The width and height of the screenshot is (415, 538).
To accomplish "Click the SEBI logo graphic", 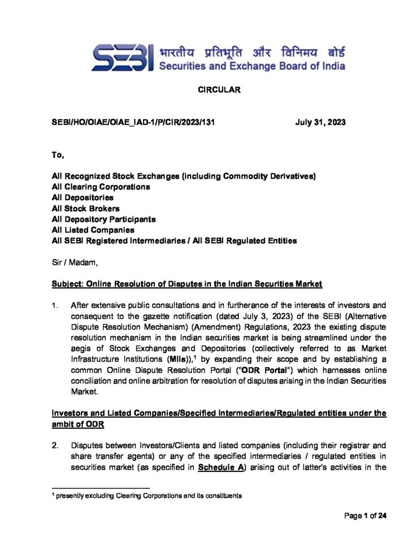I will (x=122, y=58).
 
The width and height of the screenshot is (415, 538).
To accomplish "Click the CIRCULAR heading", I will (x=219, y=90).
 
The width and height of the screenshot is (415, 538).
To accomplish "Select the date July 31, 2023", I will (x=320, y=122).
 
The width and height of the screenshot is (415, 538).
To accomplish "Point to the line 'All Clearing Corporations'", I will (x=101, y=187).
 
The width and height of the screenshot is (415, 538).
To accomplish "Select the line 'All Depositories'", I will (x=82, y=198).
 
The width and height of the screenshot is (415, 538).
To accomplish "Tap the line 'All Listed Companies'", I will (x=93, y=230).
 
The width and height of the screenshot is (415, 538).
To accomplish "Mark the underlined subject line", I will (x=187, y=284).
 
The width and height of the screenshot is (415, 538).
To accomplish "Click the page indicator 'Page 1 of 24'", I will (x=365, y=516).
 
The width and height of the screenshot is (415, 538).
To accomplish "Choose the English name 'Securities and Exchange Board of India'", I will (x=252, y=67).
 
